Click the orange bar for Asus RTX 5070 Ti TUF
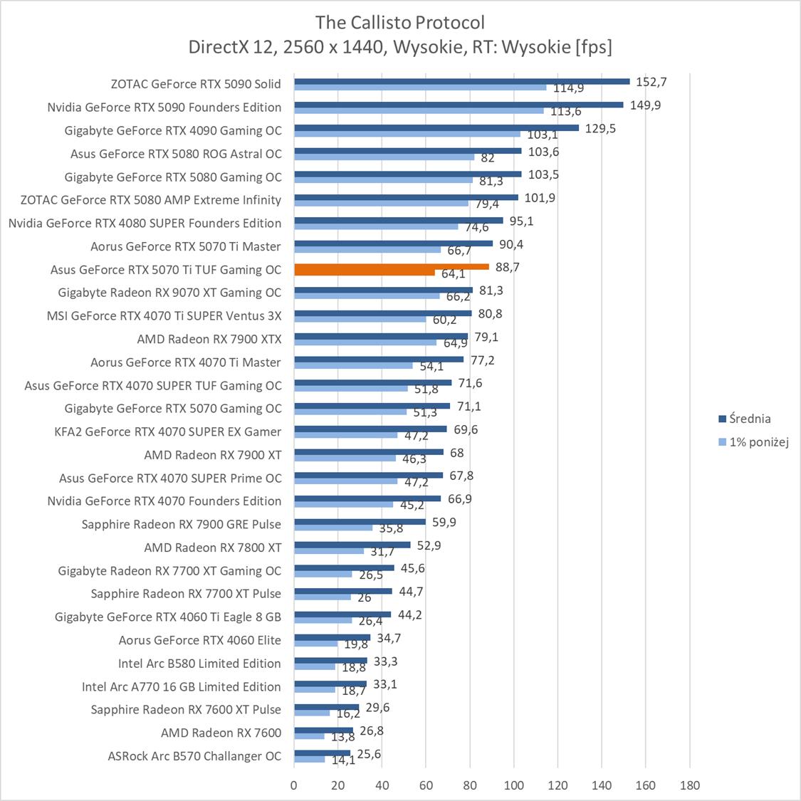click(x=392, y=267)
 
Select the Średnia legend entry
click(x=750, y=419)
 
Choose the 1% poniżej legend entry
click(x=759, y=442)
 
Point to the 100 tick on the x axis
click(x=513, y=785)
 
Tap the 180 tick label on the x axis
click(x=689, y=785)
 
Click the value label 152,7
click(x=651, y=82)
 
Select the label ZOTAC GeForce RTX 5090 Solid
click(x=196, y=84)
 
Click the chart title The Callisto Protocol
click(x=400, y=22)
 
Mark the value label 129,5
click(x=600, y=128)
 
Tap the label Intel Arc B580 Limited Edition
click(x=199, y=664)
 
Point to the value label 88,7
click(x=507, y=267)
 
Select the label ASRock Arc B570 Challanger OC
click(x=194, y=756)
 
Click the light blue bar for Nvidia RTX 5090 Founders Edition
click(x=419, y=110)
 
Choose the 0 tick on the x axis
click(x=294, y=785)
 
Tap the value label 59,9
click(x=444, y=523)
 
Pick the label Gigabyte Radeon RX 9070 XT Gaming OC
click(x=169, y=293)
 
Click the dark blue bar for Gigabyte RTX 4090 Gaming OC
click(x=436, y=128)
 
